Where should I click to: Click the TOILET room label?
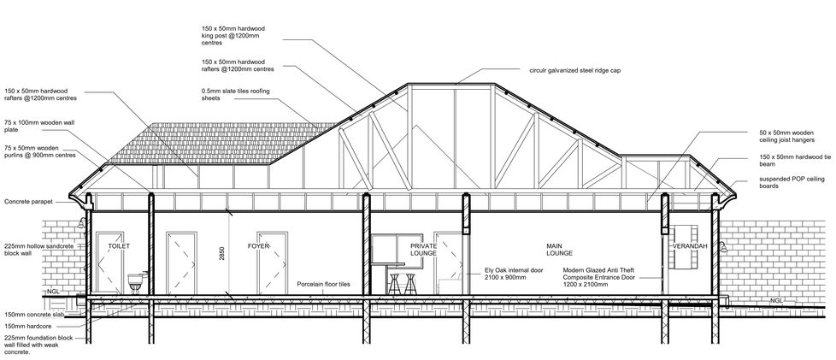click(118, 246)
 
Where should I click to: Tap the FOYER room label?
click(259, 246)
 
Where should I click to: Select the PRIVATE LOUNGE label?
click(399, 250)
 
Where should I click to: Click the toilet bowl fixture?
click(132, 281)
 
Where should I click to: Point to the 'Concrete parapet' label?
click(29, 203)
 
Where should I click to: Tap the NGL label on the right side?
click(776, 301)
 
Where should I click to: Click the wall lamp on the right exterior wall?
click(722, 248)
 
